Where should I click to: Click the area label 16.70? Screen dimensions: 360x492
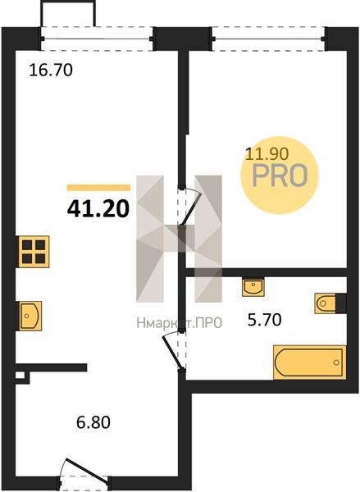tap(51, 70)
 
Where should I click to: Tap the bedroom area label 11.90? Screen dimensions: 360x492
tap(267, 154)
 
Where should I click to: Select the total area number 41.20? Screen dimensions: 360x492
tap(98, 209)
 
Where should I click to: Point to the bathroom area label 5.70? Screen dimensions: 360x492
tap(264, 320)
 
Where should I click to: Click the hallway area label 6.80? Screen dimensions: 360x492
tap(93, 422)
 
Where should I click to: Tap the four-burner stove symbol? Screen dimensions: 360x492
tap(34, 252)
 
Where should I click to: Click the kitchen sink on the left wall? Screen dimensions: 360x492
tap(30, 316)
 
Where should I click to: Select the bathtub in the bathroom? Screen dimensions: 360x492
tap(309, 362)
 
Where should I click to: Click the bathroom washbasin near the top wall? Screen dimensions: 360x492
tap(253, 287)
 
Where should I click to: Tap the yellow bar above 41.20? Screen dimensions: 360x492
tap(98, 188)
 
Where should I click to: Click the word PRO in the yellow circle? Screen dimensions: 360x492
tap(280, 175)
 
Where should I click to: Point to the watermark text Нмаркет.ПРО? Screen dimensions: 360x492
tap(180, 322)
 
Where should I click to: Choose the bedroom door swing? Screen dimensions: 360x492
tap(189, 207)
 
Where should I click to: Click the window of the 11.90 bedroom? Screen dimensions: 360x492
tap(269, 39)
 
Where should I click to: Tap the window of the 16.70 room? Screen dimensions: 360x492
tap(97, 39)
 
